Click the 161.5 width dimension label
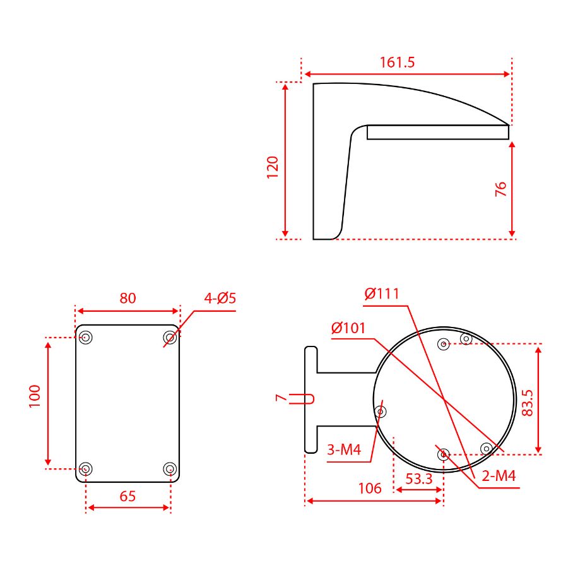pos(397,62)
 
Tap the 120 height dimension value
pos(273,167)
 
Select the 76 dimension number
pos(500,189)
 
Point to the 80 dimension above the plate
pos(128,298)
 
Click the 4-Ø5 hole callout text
pos(220,298)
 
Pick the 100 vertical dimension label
pos(35,396)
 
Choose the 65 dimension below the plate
pos(127,496)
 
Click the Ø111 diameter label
pos(382,293)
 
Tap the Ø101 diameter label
pos(348,328)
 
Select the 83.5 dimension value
pos(528,403)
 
